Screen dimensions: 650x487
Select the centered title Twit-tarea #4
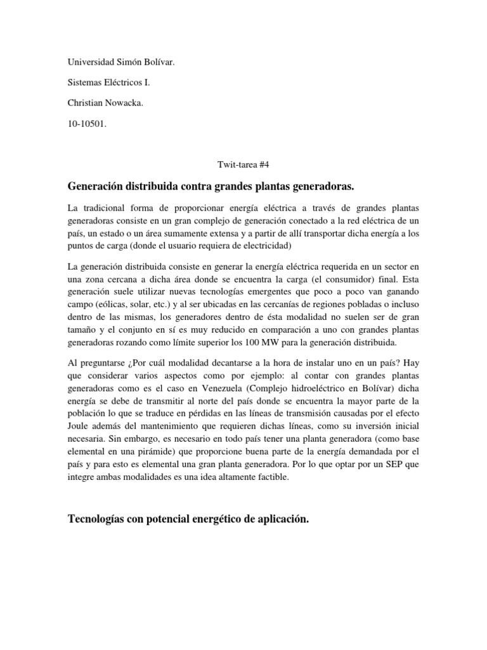[x=243, y=164]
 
